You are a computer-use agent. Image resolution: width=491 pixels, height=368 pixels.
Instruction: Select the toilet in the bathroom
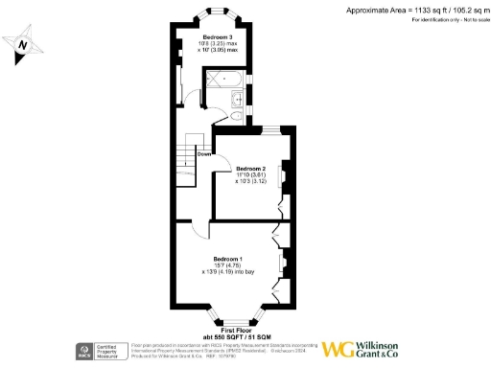pos(236,115)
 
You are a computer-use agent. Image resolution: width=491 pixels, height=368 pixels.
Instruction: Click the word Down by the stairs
pos(204,153)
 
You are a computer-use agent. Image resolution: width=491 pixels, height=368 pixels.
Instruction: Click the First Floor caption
pos(232,329)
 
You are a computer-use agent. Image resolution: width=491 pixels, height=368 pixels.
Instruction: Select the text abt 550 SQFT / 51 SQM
pos(232,336)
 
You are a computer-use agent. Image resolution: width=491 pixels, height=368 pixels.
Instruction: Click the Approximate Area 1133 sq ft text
pos(415,9)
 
